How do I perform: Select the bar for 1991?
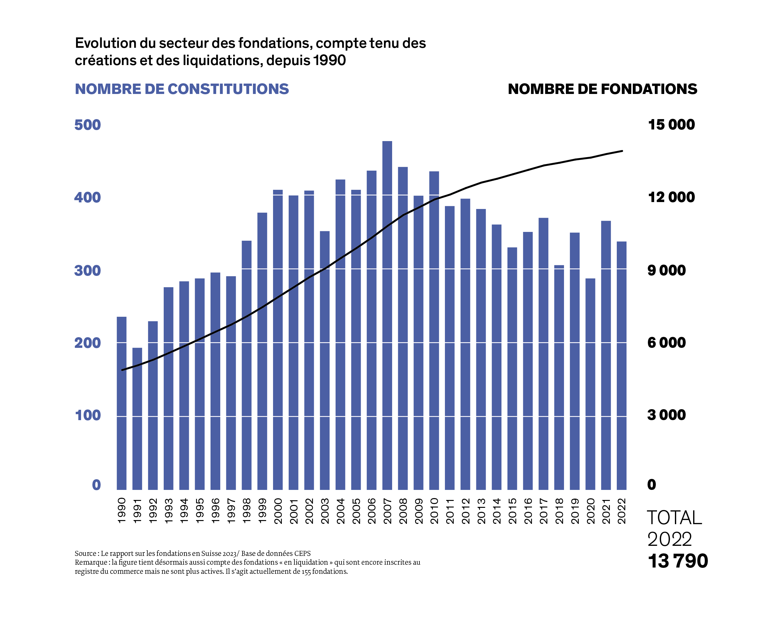pyautogui.click(x=137, y=418)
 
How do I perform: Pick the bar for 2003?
pyautogui.click(x=325, y=360)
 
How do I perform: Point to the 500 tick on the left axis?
pyautogui.click(x=88, y=125)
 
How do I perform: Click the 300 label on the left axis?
pyautogui.click(x=88, y=271)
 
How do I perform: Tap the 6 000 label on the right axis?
pyautogui.click(x=666, y=343)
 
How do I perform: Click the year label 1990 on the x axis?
pyautogui.click(x=122, y=511)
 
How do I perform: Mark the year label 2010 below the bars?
pyautogui.click(x=434, y=511)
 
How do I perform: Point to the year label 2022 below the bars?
pyautogui.click(x=622, y=511)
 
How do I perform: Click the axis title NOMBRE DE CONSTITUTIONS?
pyautogui.click(x=182, y=89)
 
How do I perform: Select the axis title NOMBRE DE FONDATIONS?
pyautogui.click(x=602, y=89)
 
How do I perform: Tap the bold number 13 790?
pyautogui.click(x=678, y=561)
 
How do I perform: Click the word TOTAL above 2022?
pyautogui.click(x=674, y=518)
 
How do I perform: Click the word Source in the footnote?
pyautogui.click(x=85, y=554)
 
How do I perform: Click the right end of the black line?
pyautogui.click(x=622, y=151)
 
